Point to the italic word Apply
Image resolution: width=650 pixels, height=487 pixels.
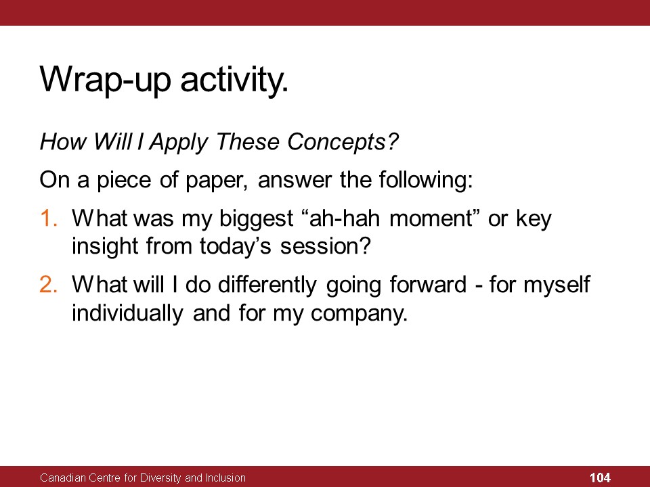click(179, 142)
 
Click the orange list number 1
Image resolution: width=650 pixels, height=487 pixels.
click(48, 218)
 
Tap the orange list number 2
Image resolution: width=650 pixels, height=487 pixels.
click(49, 285)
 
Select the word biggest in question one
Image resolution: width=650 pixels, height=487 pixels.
click(256, 218)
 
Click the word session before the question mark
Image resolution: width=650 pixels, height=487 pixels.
click(318, 247)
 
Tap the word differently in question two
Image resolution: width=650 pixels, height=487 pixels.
click(267, 285)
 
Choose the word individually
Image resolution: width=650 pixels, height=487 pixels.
click(127, 313)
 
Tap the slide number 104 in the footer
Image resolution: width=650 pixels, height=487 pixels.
click(600, 478)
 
